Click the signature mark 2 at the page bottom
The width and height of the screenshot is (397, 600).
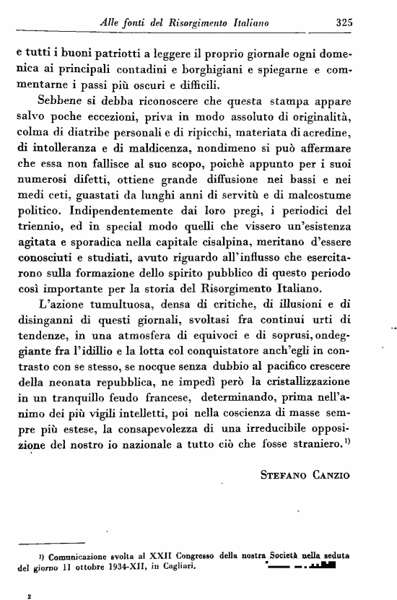(x=29, y=595)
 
